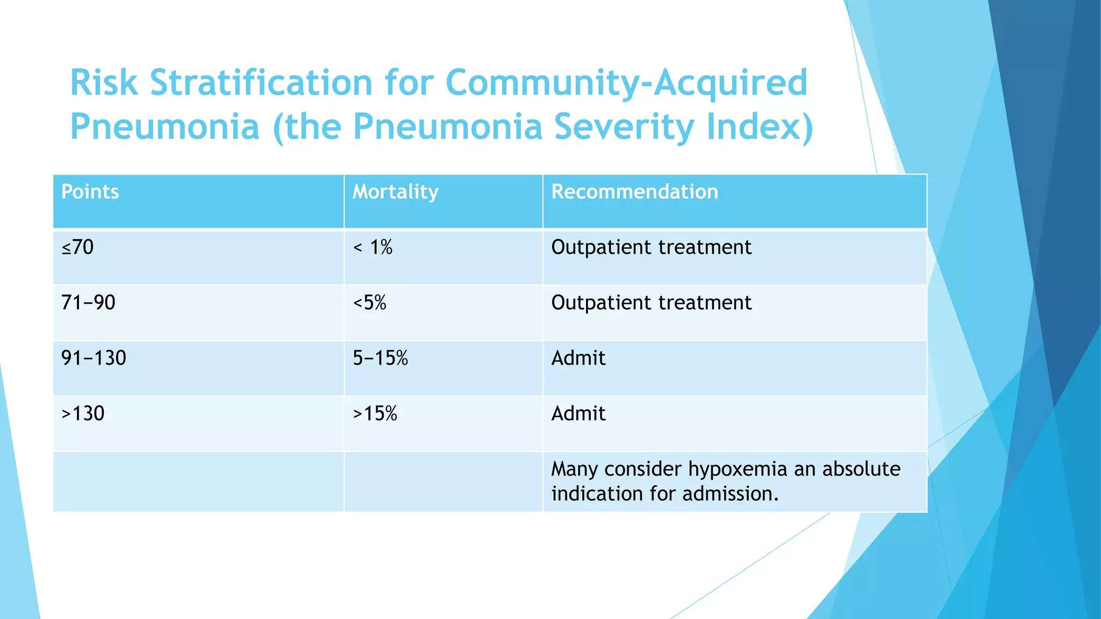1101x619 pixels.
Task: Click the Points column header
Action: [x=90, y=192]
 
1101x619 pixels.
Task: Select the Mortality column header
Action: [x=395, y=192]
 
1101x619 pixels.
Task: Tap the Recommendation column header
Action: [x=634, y=192]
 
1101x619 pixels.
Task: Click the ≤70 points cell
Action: [x=77, y=247]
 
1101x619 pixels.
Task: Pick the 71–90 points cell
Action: [x=88, y=303]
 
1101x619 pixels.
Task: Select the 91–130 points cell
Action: [x=94, y=358]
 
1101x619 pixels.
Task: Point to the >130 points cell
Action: [x=83, y=413]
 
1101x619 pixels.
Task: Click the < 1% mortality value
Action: [x=373, y=247]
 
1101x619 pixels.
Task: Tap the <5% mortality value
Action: [x=369, y=303]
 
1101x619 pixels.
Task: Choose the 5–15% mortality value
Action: [x=380, y=358]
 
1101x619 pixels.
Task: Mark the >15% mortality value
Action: [x=375, y=413]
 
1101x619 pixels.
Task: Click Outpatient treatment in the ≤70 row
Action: [x=651, y=247]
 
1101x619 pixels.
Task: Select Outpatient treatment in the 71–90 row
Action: [x=651, y=303]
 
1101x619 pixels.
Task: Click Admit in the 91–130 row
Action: [x=578, y=358]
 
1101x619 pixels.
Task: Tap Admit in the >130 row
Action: [x=578, y=413]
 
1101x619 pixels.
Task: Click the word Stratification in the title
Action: [x=261, y=83]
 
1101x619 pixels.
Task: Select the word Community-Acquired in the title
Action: [x=626, y=83]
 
